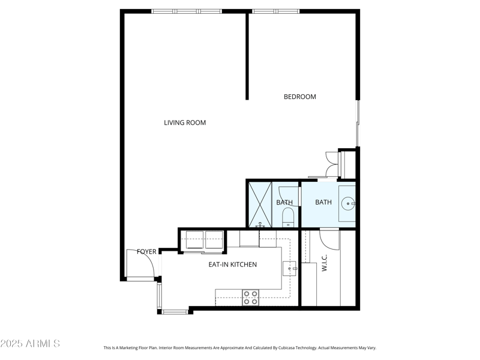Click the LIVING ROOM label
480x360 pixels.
coord(185,123)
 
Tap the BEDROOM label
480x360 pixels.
coord(299,97)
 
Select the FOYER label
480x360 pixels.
coord(146,251)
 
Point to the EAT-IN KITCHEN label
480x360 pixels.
coord(232,265)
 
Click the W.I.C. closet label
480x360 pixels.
coord(324,264)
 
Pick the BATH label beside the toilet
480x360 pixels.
coord(284,203)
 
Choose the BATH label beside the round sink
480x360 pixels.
coord(323,202)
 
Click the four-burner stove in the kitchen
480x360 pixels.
coord(250,298)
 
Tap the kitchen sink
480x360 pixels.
coord(290,268)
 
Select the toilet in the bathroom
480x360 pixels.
coord(288,217)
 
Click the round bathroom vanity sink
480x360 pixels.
coord(347,204)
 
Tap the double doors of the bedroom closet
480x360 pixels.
coord(331,164)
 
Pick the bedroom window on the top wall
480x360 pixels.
coord(275,11)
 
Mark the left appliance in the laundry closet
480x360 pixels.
coord(194,239)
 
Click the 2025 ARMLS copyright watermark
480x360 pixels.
coord(30,344)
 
